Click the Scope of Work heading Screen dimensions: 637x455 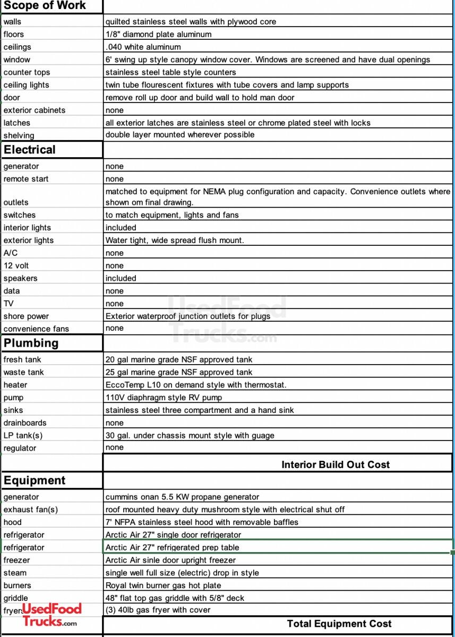pos(45,6)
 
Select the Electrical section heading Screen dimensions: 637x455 pos(30,150)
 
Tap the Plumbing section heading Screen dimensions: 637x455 pos(31,343)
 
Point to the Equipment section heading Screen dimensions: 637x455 pos(35,480)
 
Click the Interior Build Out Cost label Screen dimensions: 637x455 pos(336,464)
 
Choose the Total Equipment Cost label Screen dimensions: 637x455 pos(339,624)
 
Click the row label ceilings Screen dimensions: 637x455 pos(18,47)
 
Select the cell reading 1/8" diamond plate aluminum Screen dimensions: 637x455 pos(158,34)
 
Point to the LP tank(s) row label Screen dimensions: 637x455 pos(23,435)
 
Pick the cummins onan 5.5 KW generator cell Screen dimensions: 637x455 pos(182,497)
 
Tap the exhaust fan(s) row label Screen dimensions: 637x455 pos(31,510)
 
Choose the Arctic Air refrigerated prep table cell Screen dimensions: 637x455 pos(172,547)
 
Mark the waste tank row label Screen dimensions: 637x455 pos(24,372)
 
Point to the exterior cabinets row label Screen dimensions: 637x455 pos(35,110)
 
